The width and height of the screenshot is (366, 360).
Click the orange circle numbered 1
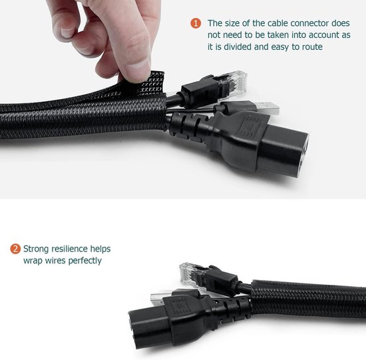click(x=196, y=23)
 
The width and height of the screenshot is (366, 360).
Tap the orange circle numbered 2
click(x=15, y=249)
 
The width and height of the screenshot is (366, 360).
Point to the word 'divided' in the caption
click(x=238, y=47)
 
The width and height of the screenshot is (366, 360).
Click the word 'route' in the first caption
click(x=313, y=47)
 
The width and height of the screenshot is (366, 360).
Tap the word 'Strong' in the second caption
click(x=36, y=249)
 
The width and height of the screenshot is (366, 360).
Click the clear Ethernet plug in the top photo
click(x=235, y=83)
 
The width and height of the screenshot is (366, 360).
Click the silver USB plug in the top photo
click(x=268, y=108)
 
